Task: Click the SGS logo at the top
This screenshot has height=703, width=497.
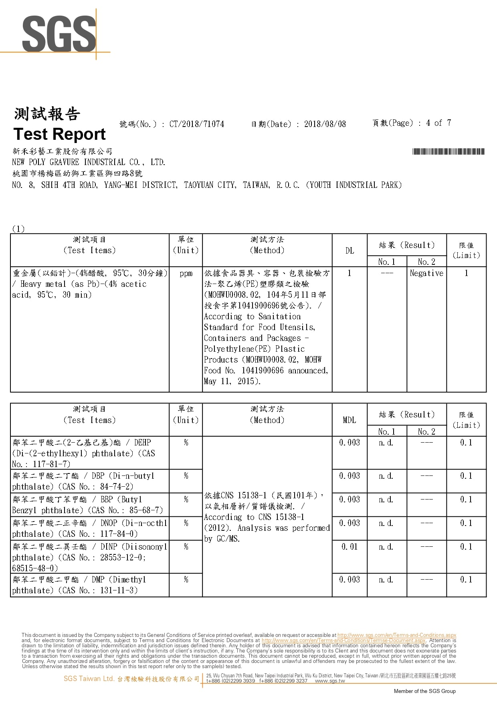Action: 59,34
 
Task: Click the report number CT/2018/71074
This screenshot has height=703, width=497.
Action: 196,124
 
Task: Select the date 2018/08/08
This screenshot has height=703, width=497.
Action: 325,124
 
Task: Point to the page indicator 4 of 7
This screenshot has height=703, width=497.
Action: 438,123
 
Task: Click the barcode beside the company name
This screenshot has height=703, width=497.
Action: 448,151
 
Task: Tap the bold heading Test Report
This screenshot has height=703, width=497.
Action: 60,134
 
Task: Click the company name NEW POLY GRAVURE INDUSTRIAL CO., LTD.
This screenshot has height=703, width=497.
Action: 89,162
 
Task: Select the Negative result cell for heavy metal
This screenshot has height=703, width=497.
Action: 426,273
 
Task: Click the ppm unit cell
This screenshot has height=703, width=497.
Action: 186,274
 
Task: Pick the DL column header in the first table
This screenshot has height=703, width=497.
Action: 350,251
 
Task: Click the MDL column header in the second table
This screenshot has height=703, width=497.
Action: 349,420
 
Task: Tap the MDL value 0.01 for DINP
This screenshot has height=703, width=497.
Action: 350,547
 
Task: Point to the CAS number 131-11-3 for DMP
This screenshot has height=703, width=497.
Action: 119,590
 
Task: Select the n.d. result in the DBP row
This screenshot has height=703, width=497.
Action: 386,476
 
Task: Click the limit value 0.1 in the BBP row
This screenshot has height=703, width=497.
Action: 466,500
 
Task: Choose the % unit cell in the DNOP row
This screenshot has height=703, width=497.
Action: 186,523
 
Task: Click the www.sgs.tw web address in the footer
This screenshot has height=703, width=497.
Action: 330,681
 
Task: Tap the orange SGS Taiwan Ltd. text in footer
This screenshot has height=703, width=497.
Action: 89,679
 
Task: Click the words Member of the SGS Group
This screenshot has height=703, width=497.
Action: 424,691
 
